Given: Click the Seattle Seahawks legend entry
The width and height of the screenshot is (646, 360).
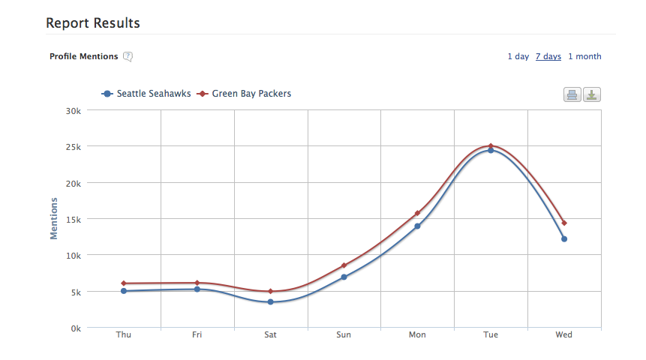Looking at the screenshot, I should (146, 94).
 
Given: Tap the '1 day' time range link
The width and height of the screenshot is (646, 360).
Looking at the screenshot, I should (518, 56).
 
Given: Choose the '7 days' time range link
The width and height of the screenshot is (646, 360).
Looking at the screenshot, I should (548, 56).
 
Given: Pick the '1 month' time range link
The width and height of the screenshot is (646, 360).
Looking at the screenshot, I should (584, 56).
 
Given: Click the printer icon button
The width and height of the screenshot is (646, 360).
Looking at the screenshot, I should (572, 95).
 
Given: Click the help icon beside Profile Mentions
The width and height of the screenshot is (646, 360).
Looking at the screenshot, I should (128, 56).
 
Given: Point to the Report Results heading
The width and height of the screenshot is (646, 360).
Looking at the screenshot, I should (93, 23).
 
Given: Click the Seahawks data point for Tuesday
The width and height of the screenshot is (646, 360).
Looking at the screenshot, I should (491, 150).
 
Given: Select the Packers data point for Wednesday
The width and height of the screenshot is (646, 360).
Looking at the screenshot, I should (564, 223).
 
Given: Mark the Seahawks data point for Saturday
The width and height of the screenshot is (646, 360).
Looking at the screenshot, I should (270, 302).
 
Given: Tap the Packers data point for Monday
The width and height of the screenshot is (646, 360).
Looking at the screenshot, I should (417, 213).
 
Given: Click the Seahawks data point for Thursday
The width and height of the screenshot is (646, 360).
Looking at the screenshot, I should (124, 291).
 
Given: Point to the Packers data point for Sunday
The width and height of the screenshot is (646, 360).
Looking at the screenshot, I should (344, 265).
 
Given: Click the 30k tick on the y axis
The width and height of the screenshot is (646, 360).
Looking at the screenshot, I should (74, 110).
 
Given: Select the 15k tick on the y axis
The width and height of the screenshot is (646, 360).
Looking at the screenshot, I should (74, 219).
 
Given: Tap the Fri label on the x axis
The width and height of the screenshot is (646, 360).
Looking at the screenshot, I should (197, 335).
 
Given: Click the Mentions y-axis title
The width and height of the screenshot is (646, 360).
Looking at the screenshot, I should (54, 218).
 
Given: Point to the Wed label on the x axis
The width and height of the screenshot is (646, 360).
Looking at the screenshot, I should (563, 335).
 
